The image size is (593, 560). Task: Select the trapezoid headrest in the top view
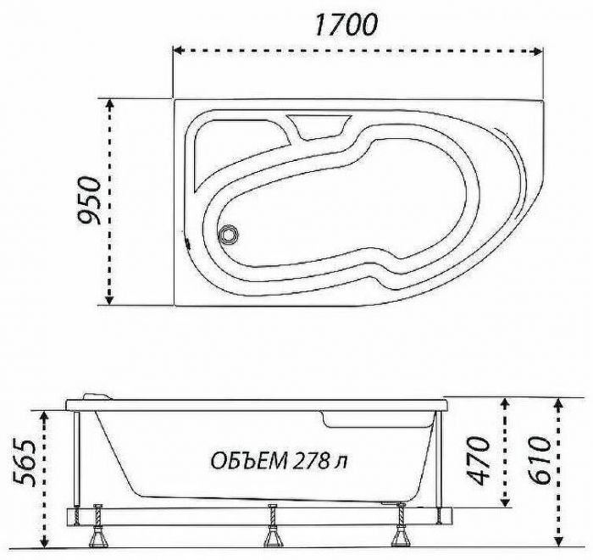coord(318,127)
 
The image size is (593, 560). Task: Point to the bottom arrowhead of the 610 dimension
coord(557,540)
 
